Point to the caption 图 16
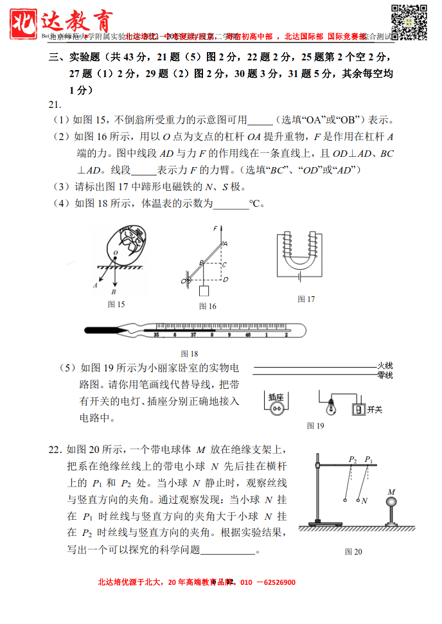tap(208, 307)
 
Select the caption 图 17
tap(306, 299)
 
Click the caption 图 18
tap(190, 353)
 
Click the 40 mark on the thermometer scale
tap(248, 335)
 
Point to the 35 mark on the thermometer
tap(155, 335)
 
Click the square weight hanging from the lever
tap(204, 290)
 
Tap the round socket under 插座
tap(276, 408)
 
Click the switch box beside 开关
tap(358, 409)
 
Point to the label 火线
tap(385, 366)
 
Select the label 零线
tap(385, 375)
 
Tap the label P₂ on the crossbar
tap(352, 459)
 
